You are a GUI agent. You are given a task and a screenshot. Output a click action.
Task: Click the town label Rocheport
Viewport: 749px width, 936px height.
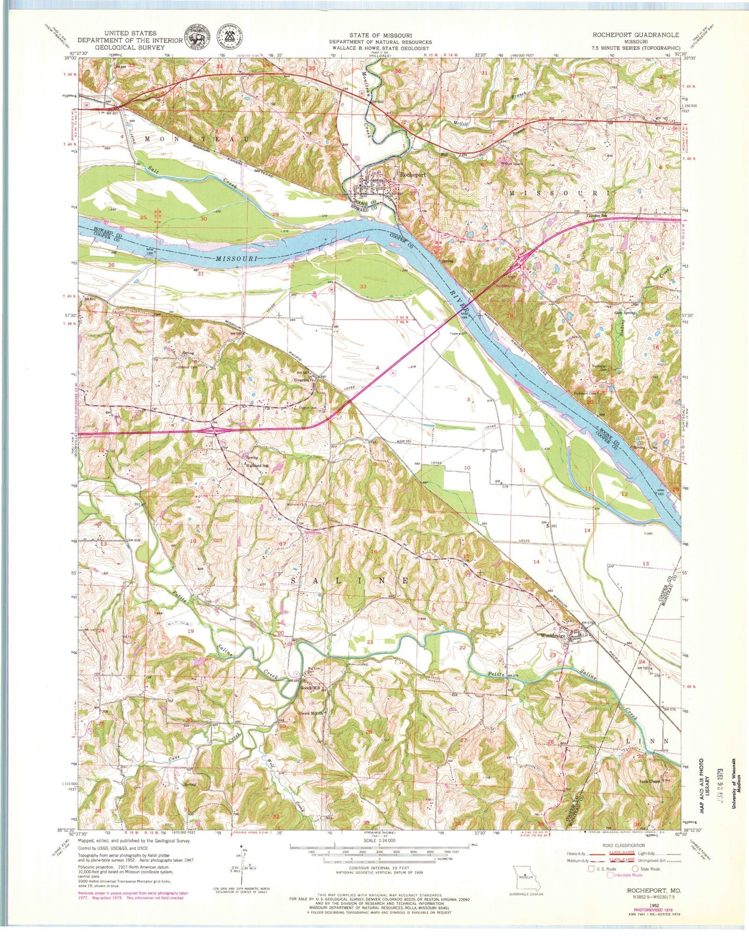tap(412, 175)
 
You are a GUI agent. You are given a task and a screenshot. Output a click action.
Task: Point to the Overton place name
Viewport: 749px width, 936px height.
tap(302, 380)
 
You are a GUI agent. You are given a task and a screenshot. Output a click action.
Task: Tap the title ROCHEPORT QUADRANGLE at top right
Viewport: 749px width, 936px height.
tap(635, 35)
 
